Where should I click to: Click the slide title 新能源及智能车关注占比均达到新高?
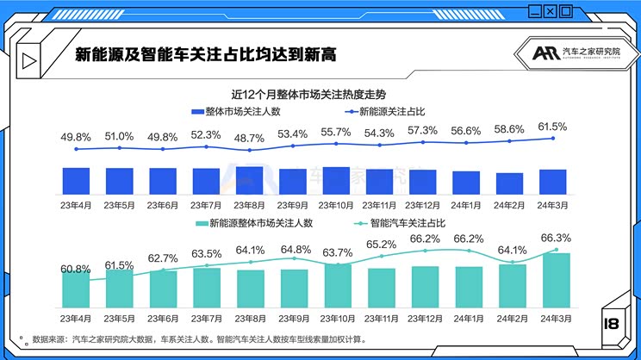[x=205, y=54]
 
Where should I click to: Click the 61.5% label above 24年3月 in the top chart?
[x=552, y=127]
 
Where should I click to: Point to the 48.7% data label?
[x=249, y=137]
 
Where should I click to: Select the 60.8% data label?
[x=76, y=269]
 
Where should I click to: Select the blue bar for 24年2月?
[x=509, y=183]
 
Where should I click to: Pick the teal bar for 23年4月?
[x=76, y=289]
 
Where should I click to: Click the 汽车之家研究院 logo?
[x=568, y=54]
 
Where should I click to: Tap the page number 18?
[x=613, y=324]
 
